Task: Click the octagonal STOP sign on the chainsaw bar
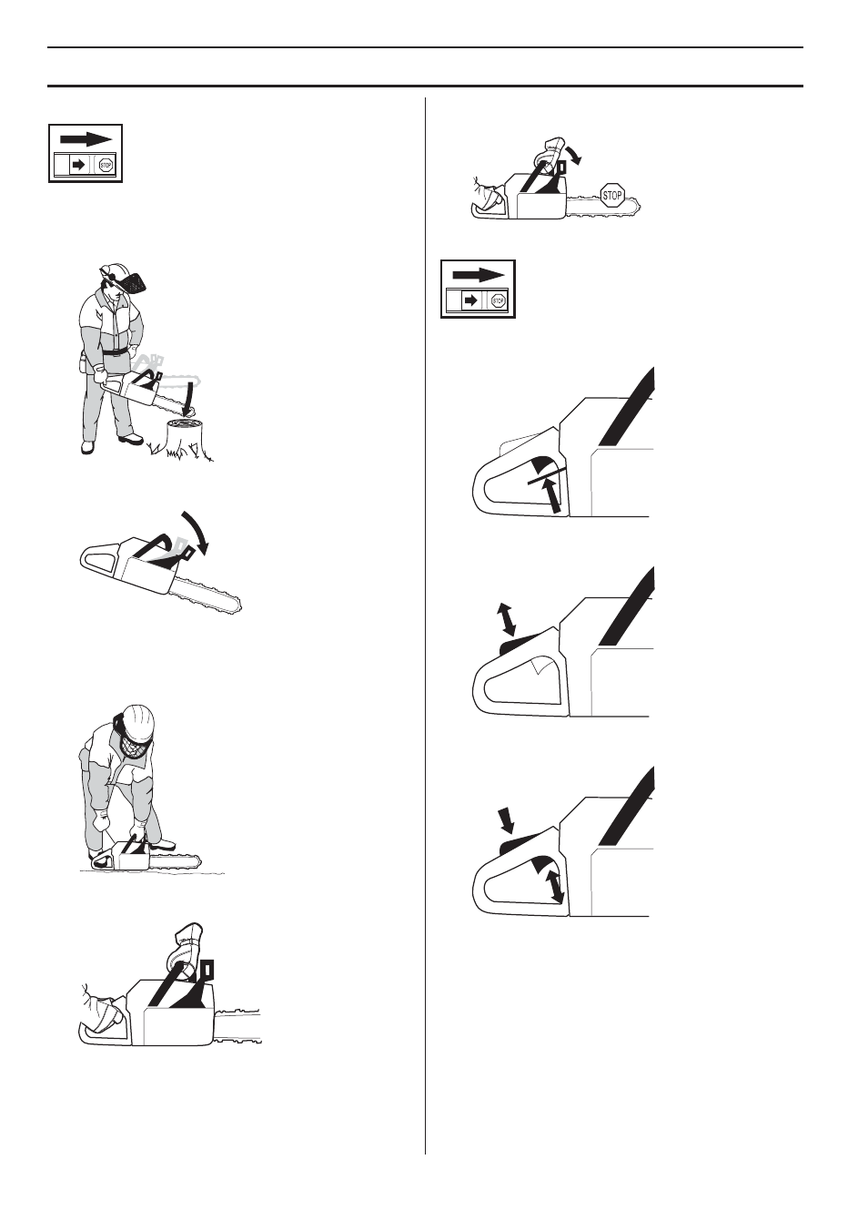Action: [612, 195]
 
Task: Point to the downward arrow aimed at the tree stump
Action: [188, 398]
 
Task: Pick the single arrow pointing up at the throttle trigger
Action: [550, 495]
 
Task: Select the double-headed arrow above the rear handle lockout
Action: [506, 618]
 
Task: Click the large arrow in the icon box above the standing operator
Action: [86, 139]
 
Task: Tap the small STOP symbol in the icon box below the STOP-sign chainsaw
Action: [498, 300]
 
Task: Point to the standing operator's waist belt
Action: [114, 351]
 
